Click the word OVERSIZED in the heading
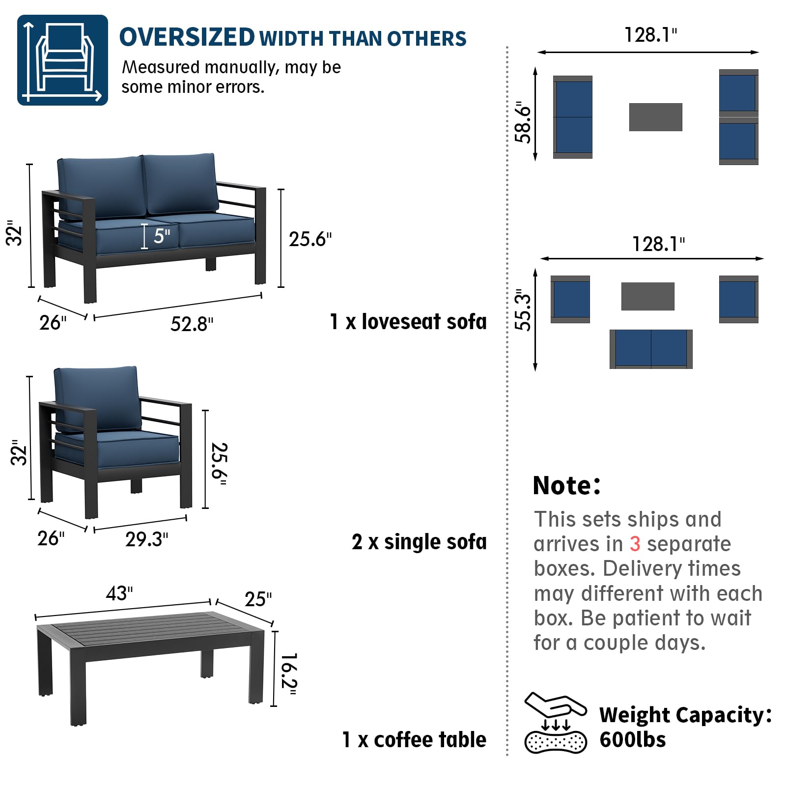[x=187, y=37]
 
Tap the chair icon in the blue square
[x=63, y=60]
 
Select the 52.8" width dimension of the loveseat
[x=192, y=324]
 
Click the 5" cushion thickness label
[x=162, y=236]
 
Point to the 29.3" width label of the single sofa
[x=146, y=539]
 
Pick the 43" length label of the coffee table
[x=119, y=593]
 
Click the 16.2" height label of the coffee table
[x=289, y=674]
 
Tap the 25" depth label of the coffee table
[x=258, y=599]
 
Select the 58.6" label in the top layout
[x=523, y=122]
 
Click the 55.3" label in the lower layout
[x=523, y=310]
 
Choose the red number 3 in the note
[x=635, y=544]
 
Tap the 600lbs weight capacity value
[x=632, y=739]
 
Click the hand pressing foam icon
[x=556, y=723]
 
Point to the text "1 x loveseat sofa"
[x=408, y=322]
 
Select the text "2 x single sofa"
[x=419, y=542]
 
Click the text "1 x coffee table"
[x=414, y=740]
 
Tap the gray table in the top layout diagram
[x=655, y=117]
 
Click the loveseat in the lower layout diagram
[x=651, y=349]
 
